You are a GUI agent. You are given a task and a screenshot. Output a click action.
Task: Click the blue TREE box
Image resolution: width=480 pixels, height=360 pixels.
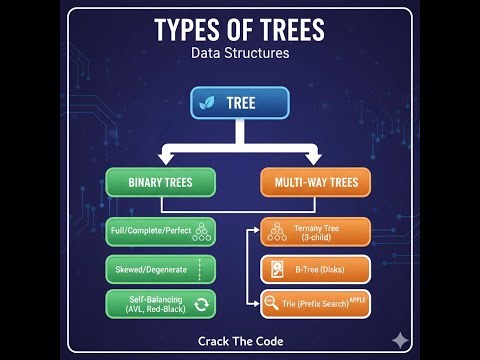(x=240, y=103)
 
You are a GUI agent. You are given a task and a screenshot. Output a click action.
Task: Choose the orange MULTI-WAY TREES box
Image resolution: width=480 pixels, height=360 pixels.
(x=316, y=182)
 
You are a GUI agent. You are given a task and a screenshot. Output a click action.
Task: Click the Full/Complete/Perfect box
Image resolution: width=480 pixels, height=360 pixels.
(x=160, y=233)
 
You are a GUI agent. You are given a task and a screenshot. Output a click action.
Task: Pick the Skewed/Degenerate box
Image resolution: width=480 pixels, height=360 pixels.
(x=160, y=269)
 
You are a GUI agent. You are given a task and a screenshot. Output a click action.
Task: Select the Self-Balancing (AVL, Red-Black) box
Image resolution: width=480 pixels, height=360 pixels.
(x=160, y=305)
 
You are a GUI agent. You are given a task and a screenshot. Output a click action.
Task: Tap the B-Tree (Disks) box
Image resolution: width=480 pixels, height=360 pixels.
(x=316, y=269)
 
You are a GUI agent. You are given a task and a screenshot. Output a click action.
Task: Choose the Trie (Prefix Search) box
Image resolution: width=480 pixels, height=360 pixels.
(x=316, y=303)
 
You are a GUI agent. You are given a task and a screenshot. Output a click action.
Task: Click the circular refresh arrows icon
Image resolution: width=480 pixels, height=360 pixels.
(x=200, y=305)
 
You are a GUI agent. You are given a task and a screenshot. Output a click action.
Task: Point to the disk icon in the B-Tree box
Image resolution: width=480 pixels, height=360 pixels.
(x=277, y=269)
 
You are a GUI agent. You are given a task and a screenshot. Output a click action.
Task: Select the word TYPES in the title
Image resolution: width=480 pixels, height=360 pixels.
(x=190, y=30)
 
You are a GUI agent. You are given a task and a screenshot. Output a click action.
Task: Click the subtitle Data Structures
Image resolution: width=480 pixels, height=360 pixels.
(x=240, y=53)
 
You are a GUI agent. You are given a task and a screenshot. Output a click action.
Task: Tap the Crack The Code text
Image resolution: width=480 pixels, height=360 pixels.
(x=240, y=341)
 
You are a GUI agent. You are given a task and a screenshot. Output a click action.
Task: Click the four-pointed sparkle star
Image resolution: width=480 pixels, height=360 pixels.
(x=401, y=340)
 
